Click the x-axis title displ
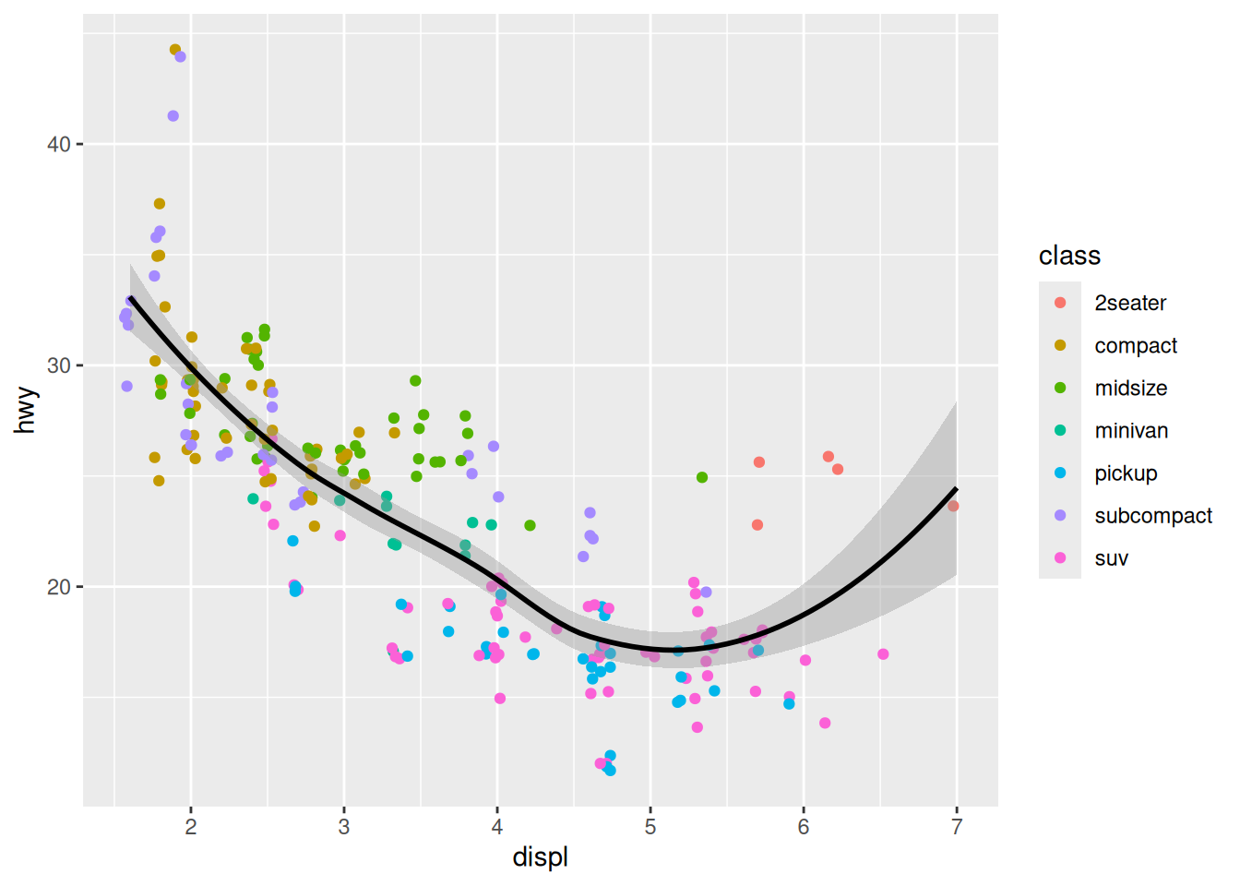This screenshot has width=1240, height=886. (x=541, y=857)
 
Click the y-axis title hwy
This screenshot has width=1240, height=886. (x=25, y=410)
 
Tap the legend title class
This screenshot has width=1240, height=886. (x=1069, y=256)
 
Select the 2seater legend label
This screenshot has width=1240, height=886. (x=1130, y=303)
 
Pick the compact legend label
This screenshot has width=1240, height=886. (x=1136, y=345)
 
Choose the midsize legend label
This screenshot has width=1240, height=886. (x=1131, y=389)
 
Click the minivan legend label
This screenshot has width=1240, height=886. (x=1131, y=431)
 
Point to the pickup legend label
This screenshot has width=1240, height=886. (x=1126, y=473)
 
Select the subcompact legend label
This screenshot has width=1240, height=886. (x=1153, y=516)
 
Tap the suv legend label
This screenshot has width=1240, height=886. (x=1112, y=558)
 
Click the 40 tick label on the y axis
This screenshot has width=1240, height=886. (x=59, y=145)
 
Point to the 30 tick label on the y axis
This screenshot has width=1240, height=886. (x=59, y=365)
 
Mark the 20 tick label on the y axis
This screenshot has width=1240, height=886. (x=59, y=587)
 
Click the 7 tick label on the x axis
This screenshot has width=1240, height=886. (x=957, y=827)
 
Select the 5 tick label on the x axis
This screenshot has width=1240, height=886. (x=650, y=827)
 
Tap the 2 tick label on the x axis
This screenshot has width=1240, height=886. (x=191, y=827)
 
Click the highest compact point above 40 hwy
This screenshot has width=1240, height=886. (x=175, y=50)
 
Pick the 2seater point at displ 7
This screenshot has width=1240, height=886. (x=953, y=506)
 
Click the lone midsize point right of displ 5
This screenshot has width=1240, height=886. (x=702, y=477)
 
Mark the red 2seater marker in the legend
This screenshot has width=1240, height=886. (x=1060, y=303)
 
